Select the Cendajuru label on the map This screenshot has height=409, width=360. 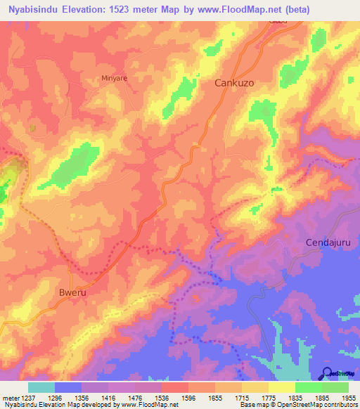328,242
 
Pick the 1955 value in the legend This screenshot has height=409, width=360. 349,398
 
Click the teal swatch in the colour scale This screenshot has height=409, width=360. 41,387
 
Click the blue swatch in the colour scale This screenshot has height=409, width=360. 68,387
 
